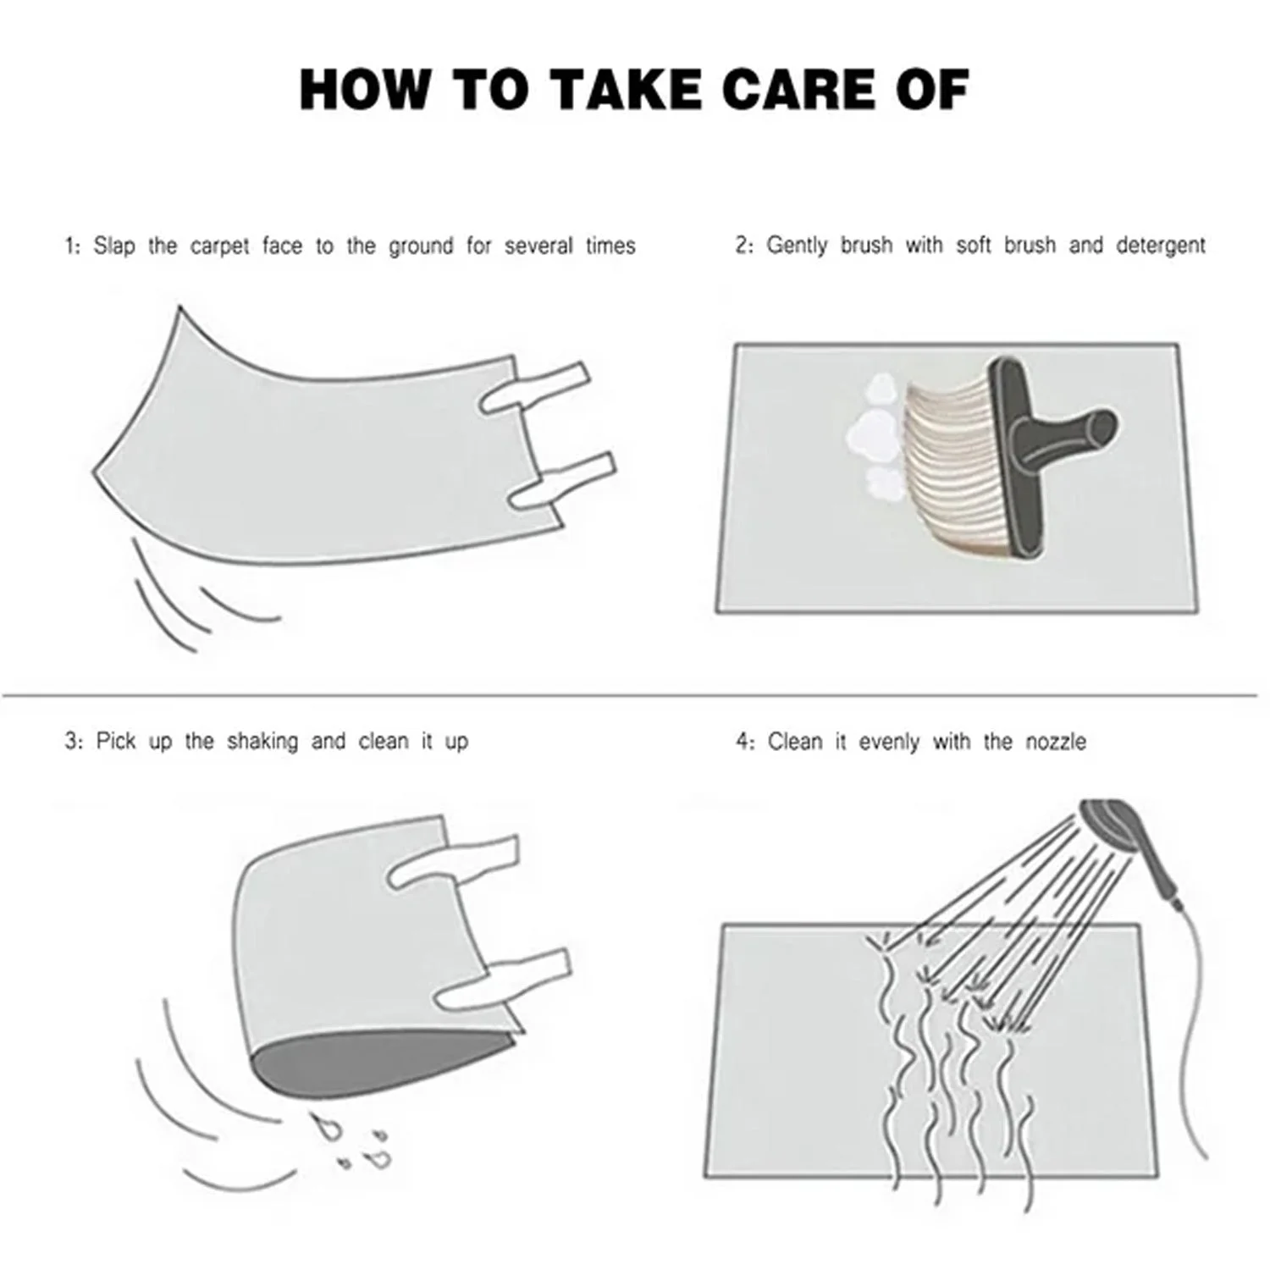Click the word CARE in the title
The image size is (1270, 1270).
pos(796,90)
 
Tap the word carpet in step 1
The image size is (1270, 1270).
pos(220,247)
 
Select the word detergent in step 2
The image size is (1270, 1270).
pos(1160,246)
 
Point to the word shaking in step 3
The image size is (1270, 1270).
pos(262,742)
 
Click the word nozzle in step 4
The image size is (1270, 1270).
pos(1056,742)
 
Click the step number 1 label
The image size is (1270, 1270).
pos(73,247)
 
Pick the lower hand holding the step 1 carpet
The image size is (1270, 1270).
pos(563,483)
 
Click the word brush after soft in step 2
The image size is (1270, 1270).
pos(1030,246)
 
